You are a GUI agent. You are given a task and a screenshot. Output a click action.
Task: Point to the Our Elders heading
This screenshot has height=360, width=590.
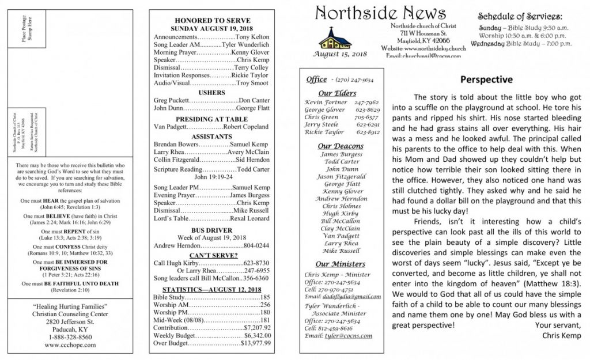[337, 93]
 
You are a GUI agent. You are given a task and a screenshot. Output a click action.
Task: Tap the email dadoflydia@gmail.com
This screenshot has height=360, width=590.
[343, 296]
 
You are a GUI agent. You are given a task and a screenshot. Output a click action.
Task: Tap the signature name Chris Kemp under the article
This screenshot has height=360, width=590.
[561, 335]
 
